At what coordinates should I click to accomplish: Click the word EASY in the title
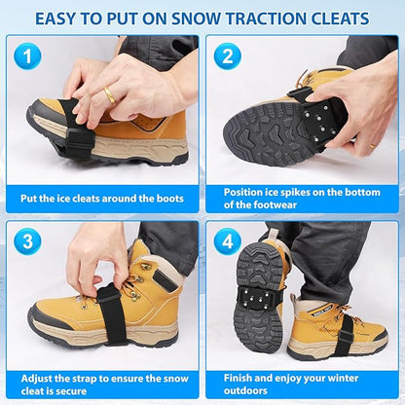coord(62,18)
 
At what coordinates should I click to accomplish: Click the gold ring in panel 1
coord(110,95)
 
